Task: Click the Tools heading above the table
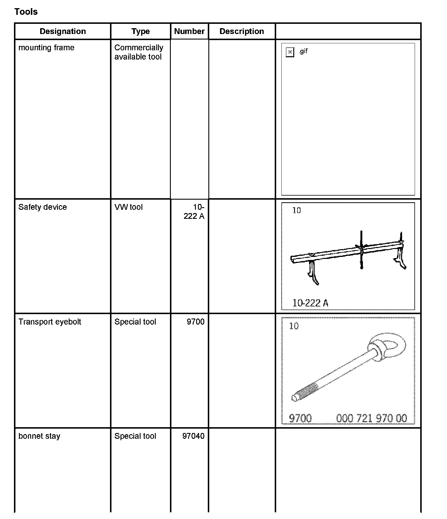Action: (x=26, y=12)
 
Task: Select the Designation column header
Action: (x=63, y=31)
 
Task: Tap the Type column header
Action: (x=141, y=31)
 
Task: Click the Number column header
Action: (x=189, y=31)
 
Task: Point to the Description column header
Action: (x=242, y=31)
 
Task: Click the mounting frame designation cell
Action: (x=46, y=48)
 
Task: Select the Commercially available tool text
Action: (x=139, y=52)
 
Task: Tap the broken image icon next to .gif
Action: (x=290, y=52)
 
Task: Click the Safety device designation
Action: (x=42, y=207)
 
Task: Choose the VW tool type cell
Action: (x=128, y=207)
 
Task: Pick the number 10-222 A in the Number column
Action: (x=194, y=212)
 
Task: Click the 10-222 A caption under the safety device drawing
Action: (x=310, y=303)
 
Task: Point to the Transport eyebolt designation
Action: (x=50, y=322)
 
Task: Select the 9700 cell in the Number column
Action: (x=196, y=322)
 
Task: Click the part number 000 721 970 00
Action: (x=371, y=418)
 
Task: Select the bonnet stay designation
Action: (x=39, y=436)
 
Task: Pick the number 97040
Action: (x=194, y=436)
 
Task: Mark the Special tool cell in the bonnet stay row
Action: (x=135, y=436)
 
